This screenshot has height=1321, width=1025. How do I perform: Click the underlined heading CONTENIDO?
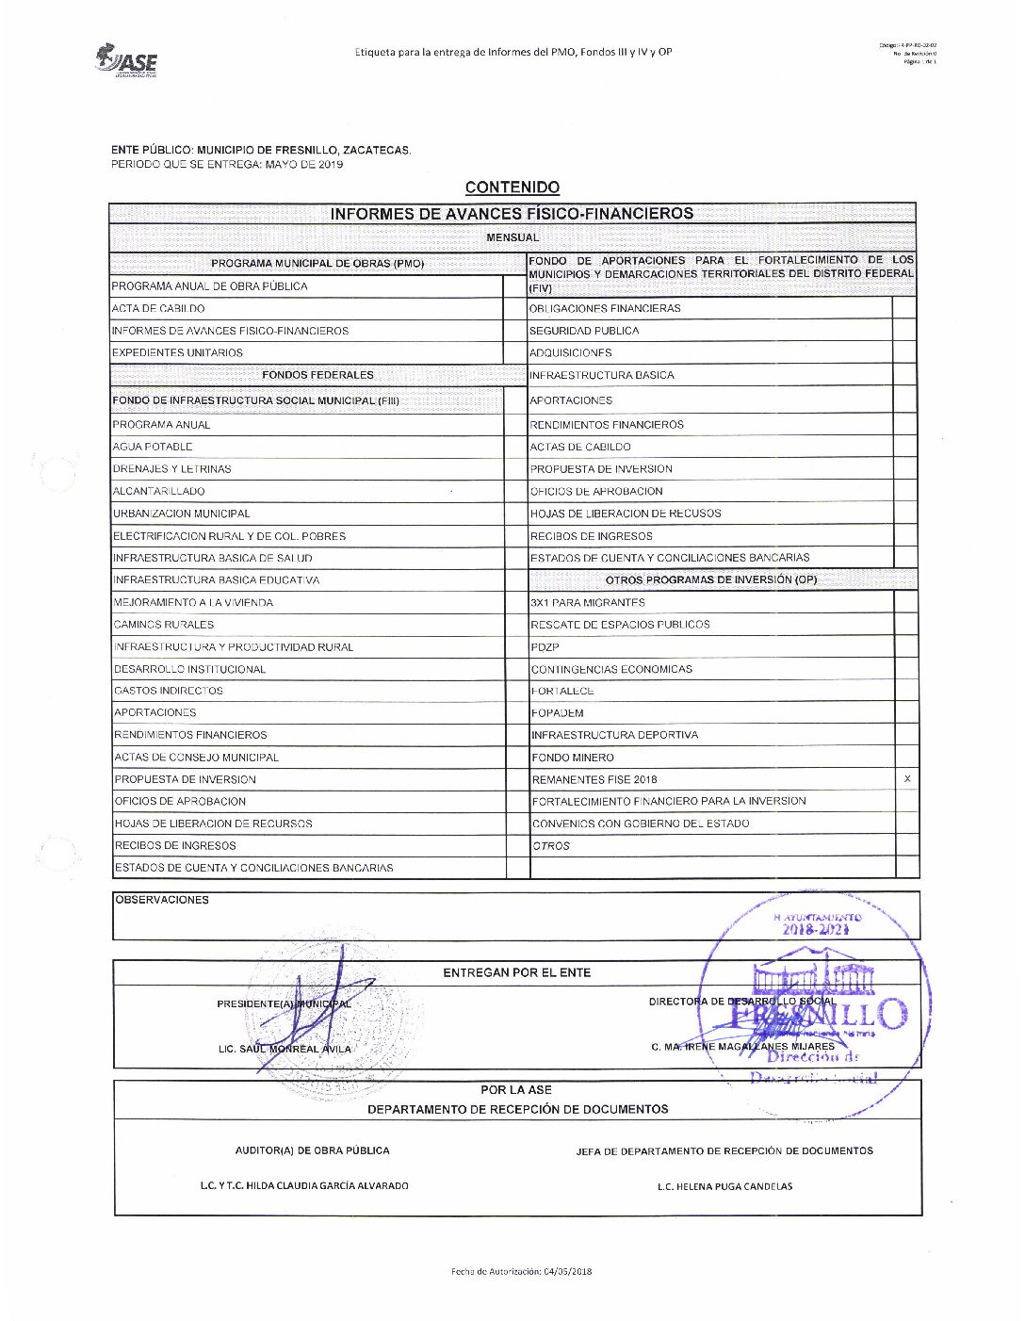[x=512, y=188]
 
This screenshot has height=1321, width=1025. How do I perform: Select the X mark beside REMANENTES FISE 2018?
[x=907, y=779]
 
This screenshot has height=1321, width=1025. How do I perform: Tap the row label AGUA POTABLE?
[x=153, y=447]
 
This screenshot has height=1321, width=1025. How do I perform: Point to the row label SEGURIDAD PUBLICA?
[x=584, y=331]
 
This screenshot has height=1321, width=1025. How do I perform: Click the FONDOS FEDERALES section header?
[x=317, y=375]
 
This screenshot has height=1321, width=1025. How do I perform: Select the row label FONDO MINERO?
[x=573, y=758]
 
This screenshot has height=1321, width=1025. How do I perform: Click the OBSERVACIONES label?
[x=162, y=900]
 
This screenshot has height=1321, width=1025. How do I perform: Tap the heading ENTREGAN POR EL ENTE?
[x=516, y=972]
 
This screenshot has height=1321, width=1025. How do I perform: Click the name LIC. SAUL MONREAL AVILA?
[x=285, y=1049]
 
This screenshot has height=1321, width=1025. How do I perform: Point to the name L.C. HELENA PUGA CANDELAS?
[x=724, y=1186]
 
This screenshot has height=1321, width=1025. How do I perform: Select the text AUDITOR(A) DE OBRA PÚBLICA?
[x=312, y=1150]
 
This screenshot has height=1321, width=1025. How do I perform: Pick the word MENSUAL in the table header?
[x=512, y=237]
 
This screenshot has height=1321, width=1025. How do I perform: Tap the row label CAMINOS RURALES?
[x=164, y=625]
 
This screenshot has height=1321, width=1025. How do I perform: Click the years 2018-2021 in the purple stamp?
[x=816, y=930]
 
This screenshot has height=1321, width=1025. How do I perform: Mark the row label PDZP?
[x=545, y=647]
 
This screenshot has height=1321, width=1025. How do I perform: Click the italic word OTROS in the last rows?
[x=551, y=846]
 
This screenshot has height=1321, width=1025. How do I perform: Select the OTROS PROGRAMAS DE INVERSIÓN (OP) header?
[x=711, y=580]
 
